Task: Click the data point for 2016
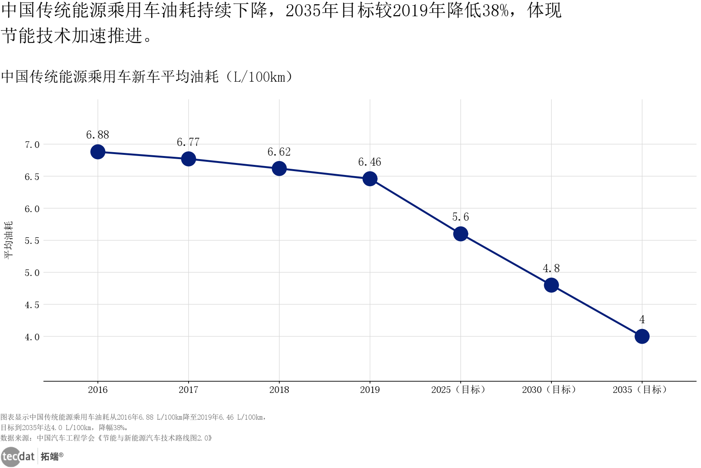[x=98, y=152]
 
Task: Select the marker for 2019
[x=370, y=179]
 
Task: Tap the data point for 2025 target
[x=461, y=234]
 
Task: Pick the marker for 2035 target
[x=642, y=336]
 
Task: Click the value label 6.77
[x=188, y=142]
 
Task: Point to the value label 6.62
[x=279, y=152]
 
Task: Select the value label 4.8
[x=551, y=269]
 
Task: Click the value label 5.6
[x=461, y=217]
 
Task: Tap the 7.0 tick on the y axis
[x=32, y=145]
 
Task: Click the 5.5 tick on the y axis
[x=32, y=241]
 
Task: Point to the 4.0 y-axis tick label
[x=32, y=337]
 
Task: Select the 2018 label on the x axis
[x=279, y=390]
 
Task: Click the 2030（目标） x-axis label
[x=549, y=390]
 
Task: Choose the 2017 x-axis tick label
[x=188, y=390]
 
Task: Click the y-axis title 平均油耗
[x=8, y=240]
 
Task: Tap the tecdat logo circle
[x=10, y=457]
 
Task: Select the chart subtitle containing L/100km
[x=147, y=77]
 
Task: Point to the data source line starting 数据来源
[x=106, y=438]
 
